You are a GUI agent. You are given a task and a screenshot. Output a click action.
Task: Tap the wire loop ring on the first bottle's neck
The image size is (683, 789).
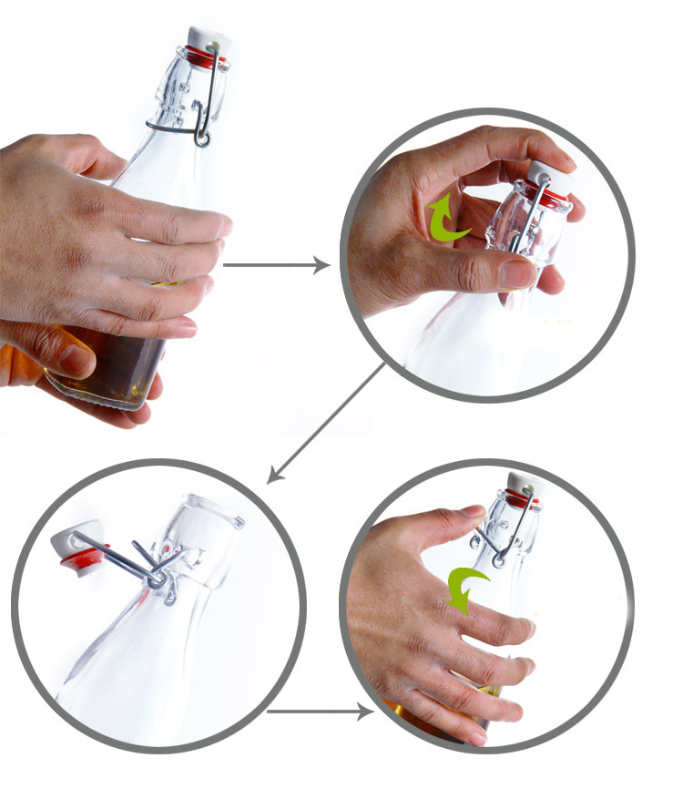tap(201, 138)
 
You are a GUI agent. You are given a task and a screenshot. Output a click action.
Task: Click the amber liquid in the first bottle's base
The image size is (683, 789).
tap(118, 364)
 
